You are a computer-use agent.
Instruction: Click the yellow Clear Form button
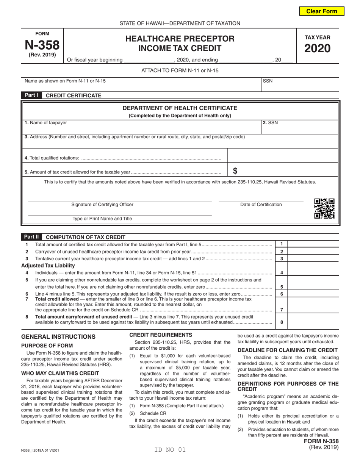point(322,11)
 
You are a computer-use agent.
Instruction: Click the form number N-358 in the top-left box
point(42,45)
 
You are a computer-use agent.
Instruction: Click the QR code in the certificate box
point(324,209)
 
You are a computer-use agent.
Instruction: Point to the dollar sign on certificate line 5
point(235,171)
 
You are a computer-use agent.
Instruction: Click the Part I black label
point(31,95)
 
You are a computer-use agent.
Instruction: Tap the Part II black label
point(31,237)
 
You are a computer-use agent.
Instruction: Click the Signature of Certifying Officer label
point(102,205)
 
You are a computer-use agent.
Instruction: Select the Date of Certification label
point(261,205)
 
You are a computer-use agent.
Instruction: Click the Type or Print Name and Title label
point(102,219)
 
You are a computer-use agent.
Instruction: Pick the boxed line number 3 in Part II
point(281,258)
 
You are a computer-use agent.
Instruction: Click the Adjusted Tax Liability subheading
point(48,265)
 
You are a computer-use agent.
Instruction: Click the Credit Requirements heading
point(161,335)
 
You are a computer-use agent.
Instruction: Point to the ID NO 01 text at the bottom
point(170,450)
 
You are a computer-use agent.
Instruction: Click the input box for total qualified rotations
point(282,155)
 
